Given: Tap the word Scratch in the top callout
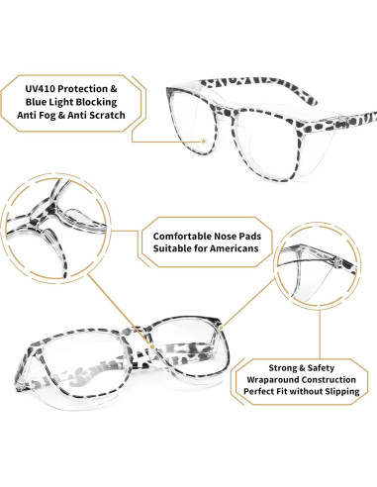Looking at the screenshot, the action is (113, 116).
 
